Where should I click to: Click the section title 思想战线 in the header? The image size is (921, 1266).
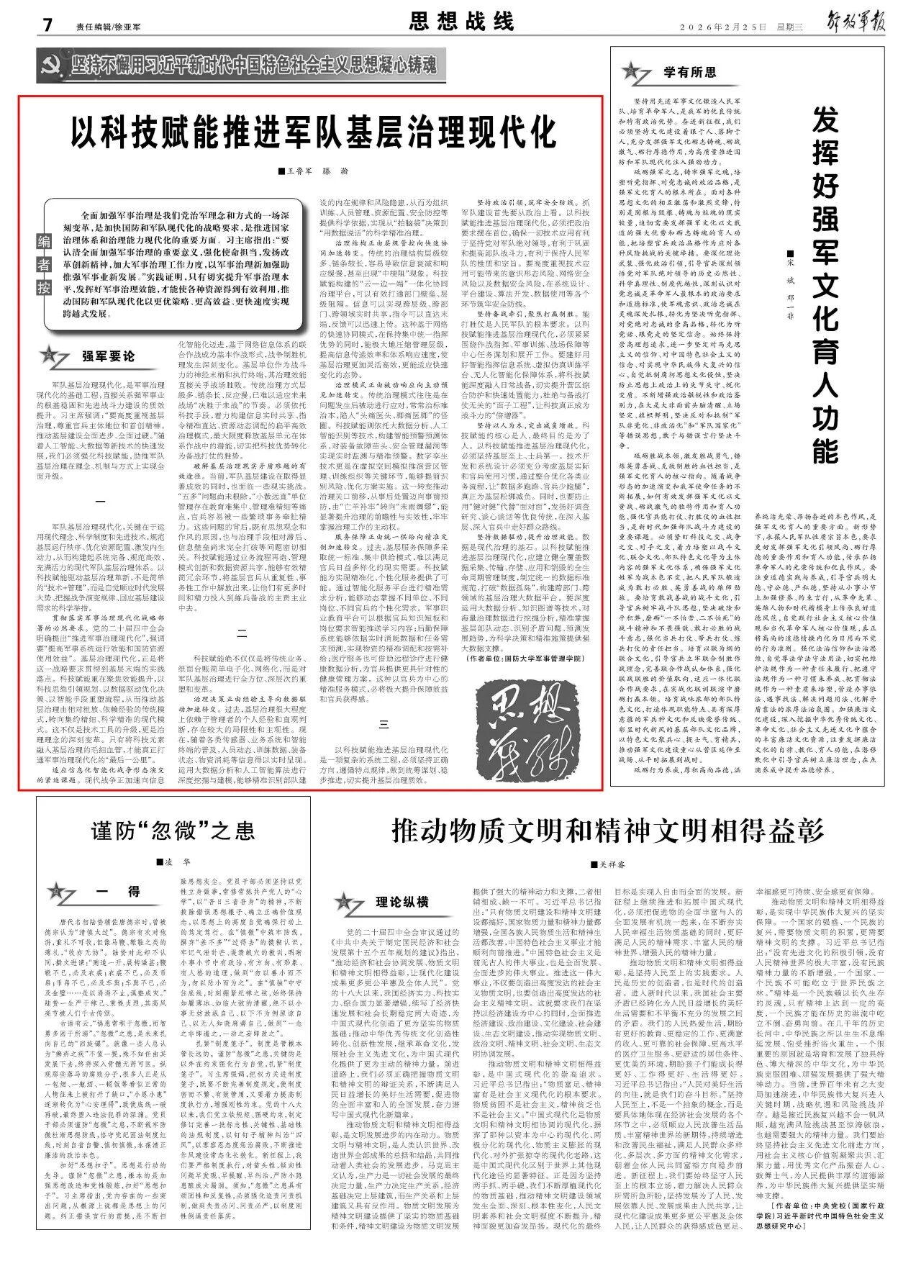461,22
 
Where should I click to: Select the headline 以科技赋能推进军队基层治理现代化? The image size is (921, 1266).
314,133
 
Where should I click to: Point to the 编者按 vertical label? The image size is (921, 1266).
45,266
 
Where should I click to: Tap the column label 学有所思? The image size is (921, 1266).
689,72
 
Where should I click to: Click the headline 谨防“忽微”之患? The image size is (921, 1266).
173,831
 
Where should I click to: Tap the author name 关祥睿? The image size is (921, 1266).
609,864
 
